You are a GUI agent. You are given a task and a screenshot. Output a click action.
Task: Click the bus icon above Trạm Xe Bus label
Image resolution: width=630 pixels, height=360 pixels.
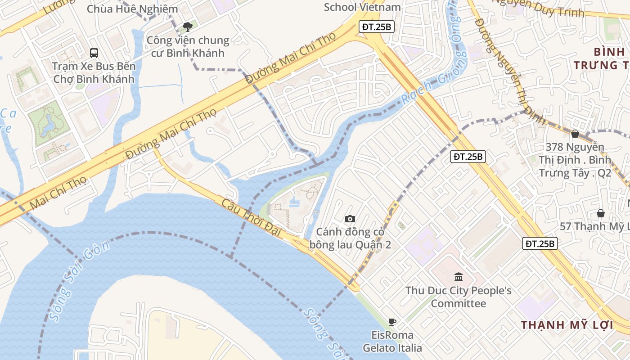94,53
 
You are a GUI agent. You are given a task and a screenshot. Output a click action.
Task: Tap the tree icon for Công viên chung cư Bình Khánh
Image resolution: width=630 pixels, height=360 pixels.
188,27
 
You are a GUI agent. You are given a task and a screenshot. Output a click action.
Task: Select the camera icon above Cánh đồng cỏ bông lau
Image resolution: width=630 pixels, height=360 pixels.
350,219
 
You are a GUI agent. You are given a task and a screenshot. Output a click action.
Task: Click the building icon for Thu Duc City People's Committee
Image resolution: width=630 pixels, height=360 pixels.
459,277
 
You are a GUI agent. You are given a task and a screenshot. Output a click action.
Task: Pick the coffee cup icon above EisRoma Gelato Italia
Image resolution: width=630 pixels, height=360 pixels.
392,322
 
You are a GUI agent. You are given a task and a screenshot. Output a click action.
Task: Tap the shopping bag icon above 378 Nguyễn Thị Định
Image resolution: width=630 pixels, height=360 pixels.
575,134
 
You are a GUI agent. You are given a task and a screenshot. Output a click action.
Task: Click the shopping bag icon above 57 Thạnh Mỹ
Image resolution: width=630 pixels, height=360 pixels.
600,213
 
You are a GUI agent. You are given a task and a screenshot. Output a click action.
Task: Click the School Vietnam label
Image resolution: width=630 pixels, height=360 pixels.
362,7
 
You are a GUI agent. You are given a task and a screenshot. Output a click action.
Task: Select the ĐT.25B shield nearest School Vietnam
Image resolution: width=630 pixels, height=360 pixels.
377,27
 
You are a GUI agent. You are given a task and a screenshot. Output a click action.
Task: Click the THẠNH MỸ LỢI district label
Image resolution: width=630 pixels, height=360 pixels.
567,325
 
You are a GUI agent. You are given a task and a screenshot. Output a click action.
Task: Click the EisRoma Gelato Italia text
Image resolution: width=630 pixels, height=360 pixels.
392,342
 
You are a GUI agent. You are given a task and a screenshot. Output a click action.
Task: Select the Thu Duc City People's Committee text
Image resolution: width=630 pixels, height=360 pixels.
459,297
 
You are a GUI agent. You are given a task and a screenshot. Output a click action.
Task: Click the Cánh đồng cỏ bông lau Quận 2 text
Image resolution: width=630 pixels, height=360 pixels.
350,238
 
